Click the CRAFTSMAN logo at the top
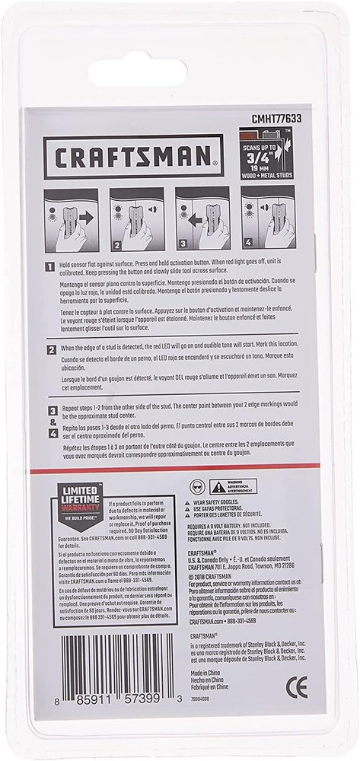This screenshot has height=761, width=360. click(133, 157)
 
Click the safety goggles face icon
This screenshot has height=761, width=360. click(197, 485)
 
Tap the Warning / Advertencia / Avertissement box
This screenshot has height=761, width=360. click(234, 486)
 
